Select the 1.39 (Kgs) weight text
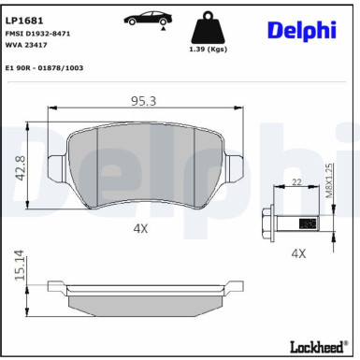[x=209, y=49]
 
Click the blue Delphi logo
[x=301, y=30]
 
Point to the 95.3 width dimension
[x=143, y=98]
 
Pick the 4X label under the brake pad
[x=140, y=226]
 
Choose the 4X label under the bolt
[x=298, y=252]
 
